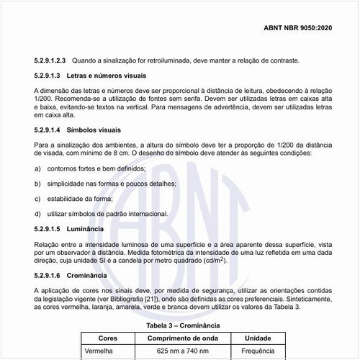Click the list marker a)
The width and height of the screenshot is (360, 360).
click(37, 168)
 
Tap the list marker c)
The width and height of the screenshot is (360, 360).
click(37, 198)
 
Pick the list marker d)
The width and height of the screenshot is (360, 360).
click(37, 213)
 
